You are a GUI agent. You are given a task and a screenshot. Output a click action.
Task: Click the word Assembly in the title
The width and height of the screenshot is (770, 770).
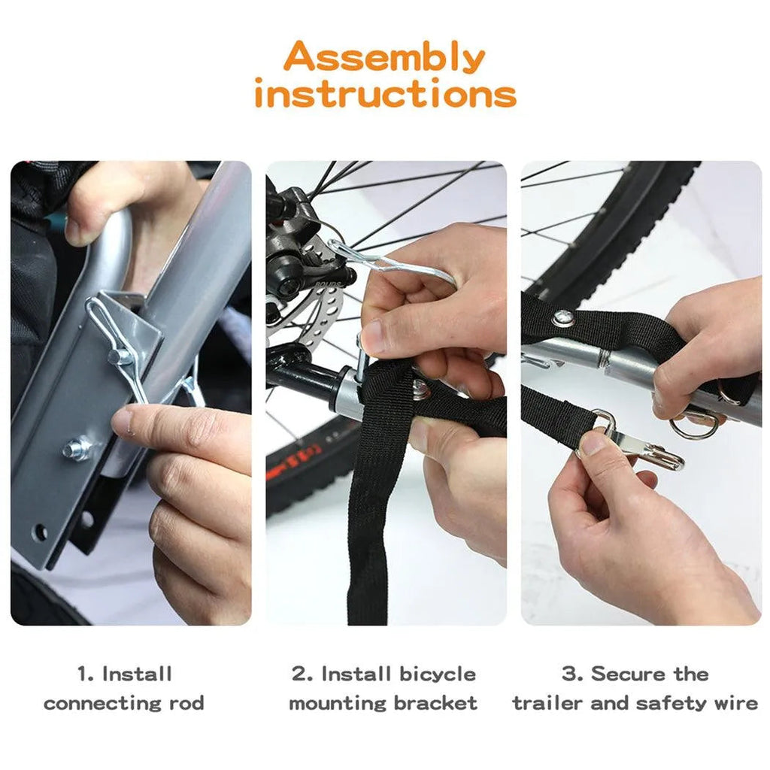[384, 58]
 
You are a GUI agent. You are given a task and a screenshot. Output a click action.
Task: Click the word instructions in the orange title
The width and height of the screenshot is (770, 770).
[386, 93]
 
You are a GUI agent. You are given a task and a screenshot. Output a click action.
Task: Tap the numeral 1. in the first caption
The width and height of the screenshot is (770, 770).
[86, 674]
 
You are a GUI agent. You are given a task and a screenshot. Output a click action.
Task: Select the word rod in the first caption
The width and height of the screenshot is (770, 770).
[186, 703]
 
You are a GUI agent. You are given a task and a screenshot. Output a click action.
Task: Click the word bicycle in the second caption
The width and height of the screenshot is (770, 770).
[437, 675]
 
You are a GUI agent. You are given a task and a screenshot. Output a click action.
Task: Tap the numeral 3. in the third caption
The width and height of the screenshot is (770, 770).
[572, 674]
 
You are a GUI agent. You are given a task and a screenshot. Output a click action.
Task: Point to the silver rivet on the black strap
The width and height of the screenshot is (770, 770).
[562, 318]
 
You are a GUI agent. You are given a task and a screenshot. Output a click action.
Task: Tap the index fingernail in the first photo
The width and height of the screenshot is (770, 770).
[123, 421]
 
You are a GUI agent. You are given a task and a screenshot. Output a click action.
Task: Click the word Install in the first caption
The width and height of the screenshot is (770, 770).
[137, 674]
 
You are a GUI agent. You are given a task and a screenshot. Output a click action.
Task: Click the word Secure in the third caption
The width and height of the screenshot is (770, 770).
[627, 674]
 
